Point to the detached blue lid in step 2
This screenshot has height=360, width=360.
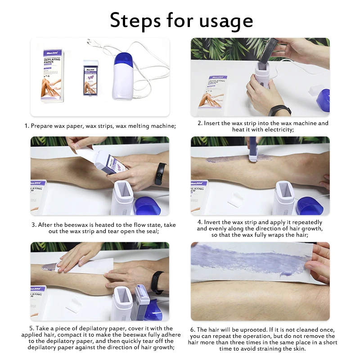tap(323, 99)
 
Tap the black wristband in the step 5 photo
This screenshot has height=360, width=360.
tap(157, 282)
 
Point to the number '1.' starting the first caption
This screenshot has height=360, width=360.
tap(27, 126)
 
